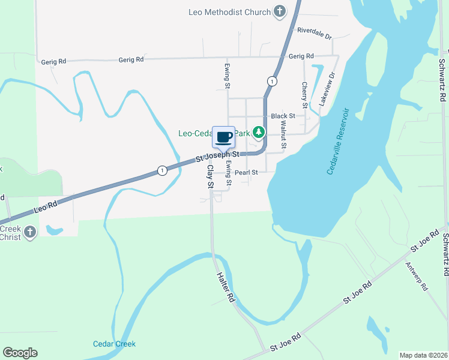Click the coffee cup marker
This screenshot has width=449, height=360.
point(224,137)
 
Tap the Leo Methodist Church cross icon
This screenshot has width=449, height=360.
point(279,11)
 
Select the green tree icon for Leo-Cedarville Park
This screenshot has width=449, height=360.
point(259,132)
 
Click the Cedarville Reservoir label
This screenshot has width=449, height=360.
point(338,142)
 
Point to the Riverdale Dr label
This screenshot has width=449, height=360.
point(314,32)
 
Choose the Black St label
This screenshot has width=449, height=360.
point(283,116)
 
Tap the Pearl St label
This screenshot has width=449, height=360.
point(246,172)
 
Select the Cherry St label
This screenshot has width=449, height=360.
point(304,95)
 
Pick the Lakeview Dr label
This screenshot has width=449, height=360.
point(327,90)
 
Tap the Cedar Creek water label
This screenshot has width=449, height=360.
point(114,344)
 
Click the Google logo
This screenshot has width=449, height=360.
point(20,353)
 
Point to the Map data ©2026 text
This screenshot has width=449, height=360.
point(423,355)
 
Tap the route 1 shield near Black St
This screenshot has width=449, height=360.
point(273,81)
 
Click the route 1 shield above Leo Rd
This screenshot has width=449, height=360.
point(162,171)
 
